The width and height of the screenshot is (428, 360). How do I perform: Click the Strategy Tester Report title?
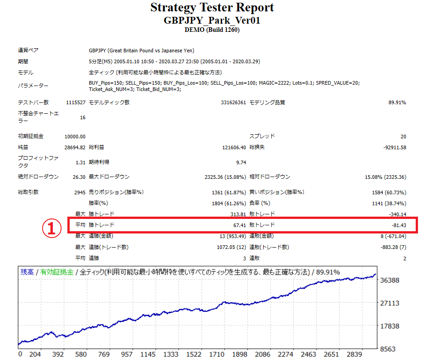coord(212,8)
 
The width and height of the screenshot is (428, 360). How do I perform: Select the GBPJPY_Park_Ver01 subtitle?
coord(212,20)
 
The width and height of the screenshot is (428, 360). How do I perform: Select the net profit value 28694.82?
coord(75,147)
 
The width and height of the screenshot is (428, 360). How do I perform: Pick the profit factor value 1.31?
coord(81,162)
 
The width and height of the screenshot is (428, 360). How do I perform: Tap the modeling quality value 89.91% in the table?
coord(397,102)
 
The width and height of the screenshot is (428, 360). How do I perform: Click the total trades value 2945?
coord(79,192)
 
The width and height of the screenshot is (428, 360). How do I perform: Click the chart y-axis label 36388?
coord(390,280)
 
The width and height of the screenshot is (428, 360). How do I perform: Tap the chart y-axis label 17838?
coord(390,326)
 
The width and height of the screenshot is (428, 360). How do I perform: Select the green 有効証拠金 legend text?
coord(56,272)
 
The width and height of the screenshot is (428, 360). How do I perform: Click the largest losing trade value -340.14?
coord(396,214)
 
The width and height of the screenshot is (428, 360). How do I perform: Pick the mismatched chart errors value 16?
coord(82,117)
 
